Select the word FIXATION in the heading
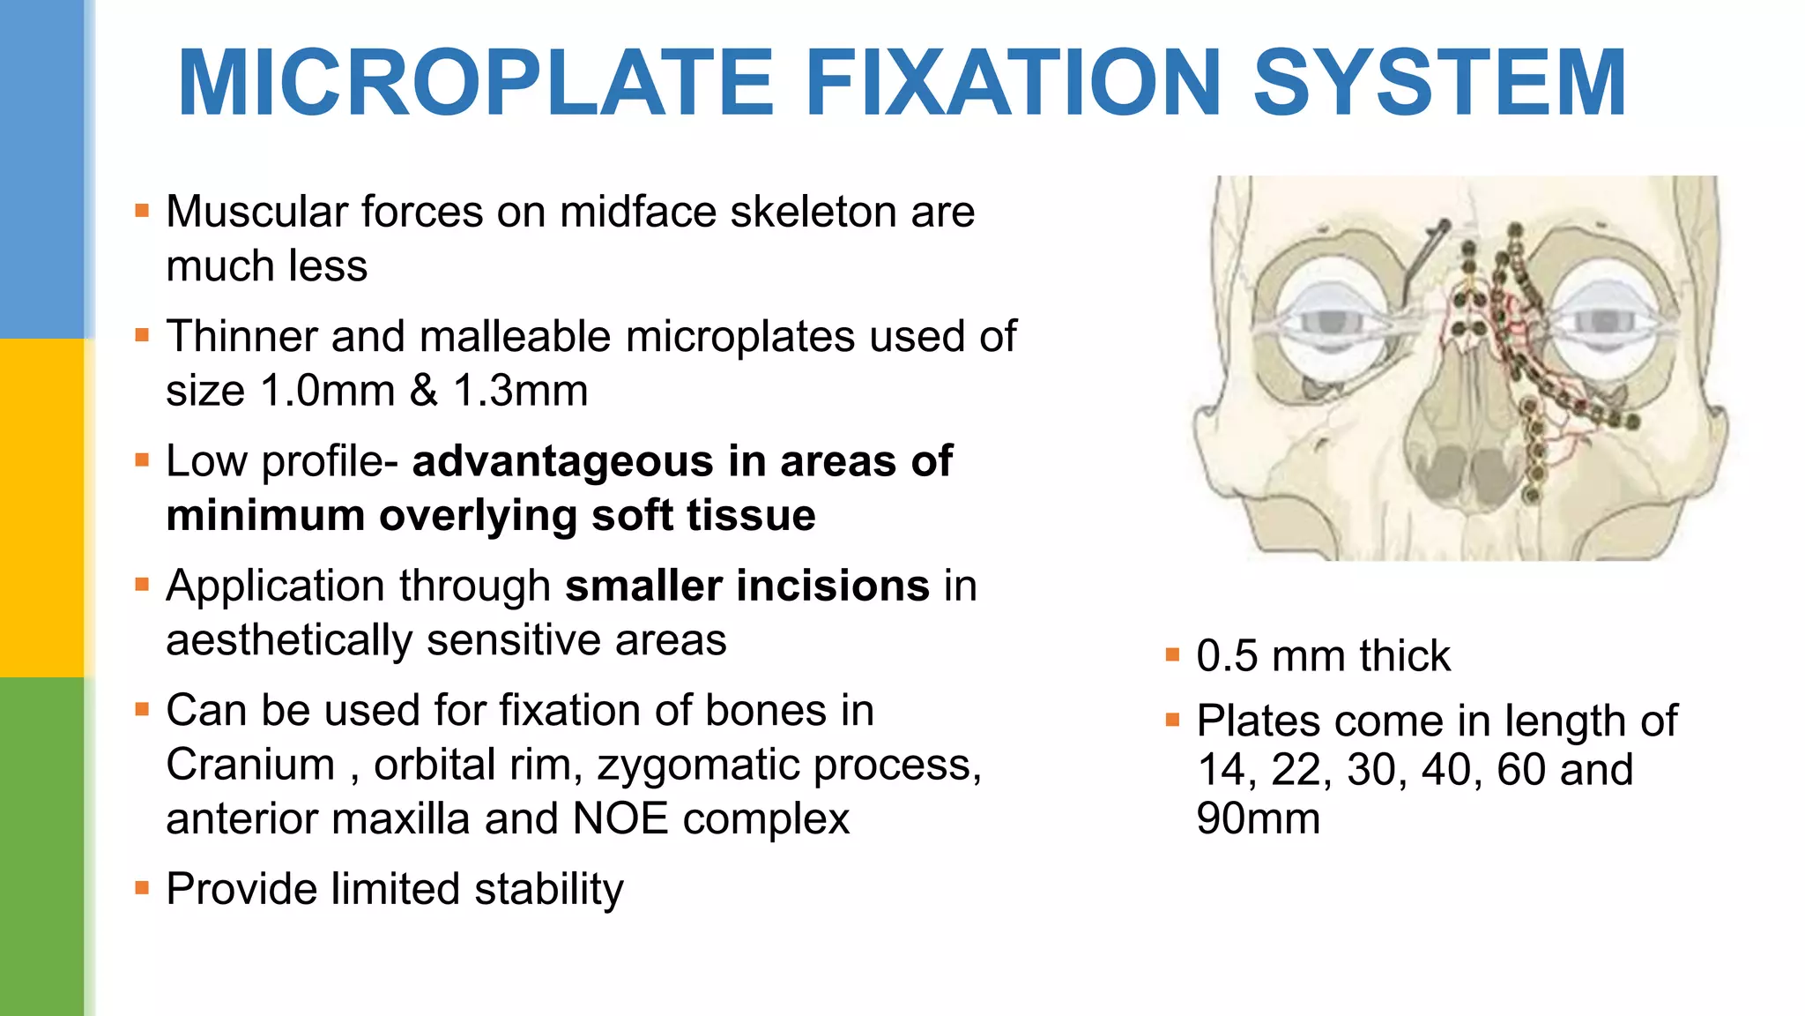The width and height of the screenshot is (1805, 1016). [1013, 83]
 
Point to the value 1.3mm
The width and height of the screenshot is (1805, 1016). [520, 391]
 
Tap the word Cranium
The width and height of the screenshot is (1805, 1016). [250, 765]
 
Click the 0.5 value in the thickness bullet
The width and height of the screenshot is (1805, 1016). [1227, 657]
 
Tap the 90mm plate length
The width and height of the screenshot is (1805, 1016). [1258, 818]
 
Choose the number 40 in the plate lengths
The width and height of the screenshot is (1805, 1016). [1445, 770]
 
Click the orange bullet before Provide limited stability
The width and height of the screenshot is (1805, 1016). [142, 887]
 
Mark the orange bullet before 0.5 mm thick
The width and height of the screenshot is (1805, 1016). [1172, 654]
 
